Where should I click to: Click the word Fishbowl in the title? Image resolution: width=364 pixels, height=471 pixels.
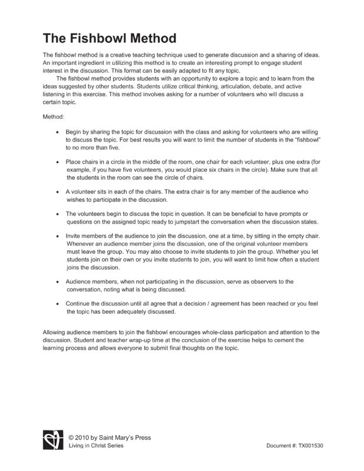coord(103,39)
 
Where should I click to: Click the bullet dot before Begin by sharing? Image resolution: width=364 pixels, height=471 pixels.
coord(57,133)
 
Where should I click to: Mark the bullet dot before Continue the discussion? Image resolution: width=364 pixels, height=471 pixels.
coord(57,304)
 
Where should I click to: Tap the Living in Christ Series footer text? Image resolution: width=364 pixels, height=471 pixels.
coord(96,446)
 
